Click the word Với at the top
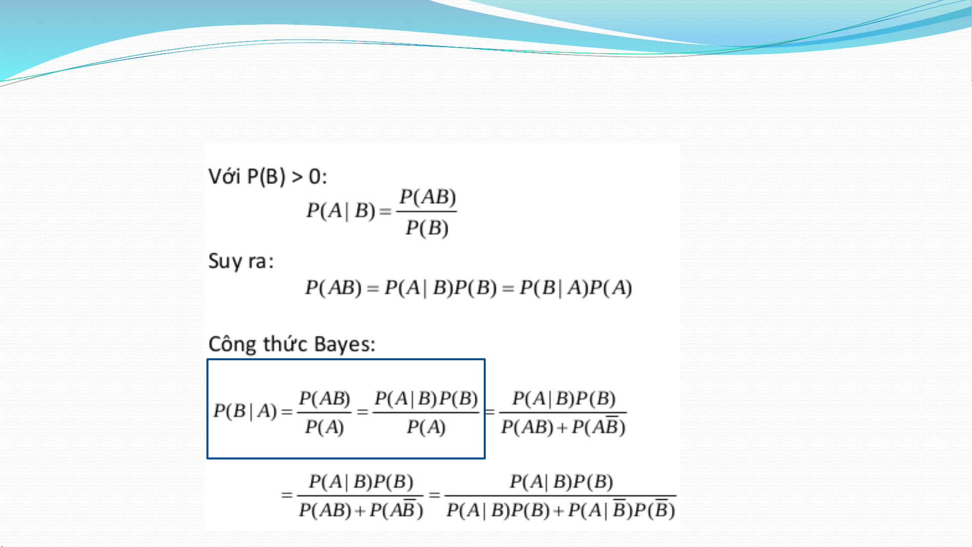[x=224, y=177]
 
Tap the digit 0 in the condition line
[x=315, y=177]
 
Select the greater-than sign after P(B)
[x=298, y=177]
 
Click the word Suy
[x=225, y=262]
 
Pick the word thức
[x=285, y=344]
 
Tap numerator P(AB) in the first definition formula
[x=428, y=197]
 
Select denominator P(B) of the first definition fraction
[x=427, y=228]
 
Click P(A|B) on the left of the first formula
[x=341, y=211]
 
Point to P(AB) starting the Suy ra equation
[x=333, y=288]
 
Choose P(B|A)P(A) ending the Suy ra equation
[x=576, y=288]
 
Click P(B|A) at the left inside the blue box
[x=245, y=411]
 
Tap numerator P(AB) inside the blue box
[x=324, y=399]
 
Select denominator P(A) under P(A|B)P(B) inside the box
[x=426, y=428]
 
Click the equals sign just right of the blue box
[x=490, y=412]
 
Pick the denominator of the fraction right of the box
[x=563, y=427]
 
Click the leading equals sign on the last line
[x=287, y=494]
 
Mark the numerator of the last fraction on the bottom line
[x=561, y=482]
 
